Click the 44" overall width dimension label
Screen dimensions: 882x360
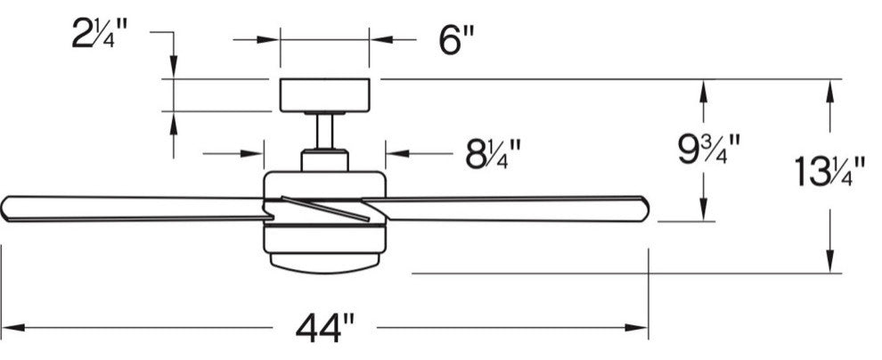[x=325, y=328]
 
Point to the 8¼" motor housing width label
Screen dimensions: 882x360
[x=494, y=154]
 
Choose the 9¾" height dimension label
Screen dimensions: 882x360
[x=708, y=149]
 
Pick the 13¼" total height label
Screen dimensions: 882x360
[x=829, y=171]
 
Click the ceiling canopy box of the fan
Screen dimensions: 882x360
[x=324, y=95]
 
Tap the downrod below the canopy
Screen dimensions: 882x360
[x=324, y=132]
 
